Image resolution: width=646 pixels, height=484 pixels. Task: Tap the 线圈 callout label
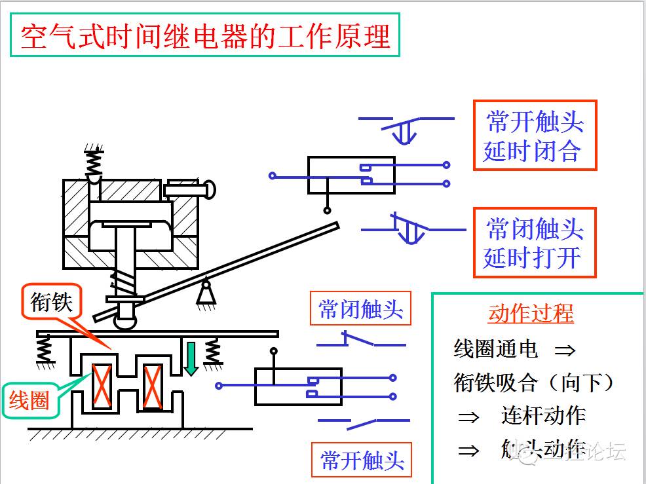29,399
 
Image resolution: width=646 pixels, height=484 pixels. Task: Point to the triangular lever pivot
206,292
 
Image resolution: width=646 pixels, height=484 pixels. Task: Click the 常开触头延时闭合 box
534,136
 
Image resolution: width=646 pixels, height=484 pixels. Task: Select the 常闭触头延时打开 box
534,242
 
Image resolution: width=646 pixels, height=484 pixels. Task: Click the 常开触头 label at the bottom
362,460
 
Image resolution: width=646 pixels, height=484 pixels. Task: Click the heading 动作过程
531,313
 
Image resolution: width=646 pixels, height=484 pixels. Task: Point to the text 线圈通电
496,349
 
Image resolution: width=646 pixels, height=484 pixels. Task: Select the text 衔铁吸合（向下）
534,382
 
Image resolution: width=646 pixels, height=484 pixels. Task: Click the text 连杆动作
543,416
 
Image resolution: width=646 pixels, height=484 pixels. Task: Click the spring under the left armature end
45,349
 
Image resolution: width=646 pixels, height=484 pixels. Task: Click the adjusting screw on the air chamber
190,189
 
